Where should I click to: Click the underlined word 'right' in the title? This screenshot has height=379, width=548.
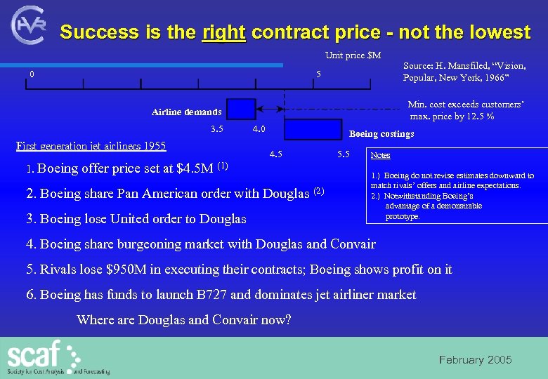pyautogui.click(x=223, y=32)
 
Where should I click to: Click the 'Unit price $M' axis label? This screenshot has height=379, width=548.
pyautogui.click(x=353, y=55)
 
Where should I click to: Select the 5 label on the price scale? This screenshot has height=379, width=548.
pyautogui.click(x=318, y=74)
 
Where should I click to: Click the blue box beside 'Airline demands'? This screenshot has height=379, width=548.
pyautogui.click(x=241, y=109)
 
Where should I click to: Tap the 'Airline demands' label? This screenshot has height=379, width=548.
pyautogui.click(x=186, y=112)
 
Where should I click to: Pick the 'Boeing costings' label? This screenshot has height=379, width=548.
pyautogui.click(x=381, y=134)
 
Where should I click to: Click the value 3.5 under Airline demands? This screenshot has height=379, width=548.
pyautogui.click(x=217, y=129)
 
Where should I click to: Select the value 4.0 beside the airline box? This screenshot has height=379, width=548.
pyautogui.click(x=259, y=129)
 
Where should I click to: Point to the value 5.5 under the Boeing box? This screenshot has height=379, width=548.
pyautogui.click(x=344, y=154)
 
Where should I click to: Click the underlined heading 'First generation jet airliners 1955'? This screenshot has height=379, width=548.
pyautogui.click(x=91, y=146)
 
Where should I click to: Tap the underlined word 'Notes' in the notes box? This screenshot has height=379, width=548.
pyautogui.click(x=380, y=155)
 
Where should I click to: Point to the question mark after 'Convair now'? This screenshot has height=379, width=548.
pyautogui.click(x=288, y=320)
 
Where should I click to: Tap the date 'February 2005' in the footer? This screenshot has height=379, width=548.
pyautogui.click(x=475, y=360)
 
